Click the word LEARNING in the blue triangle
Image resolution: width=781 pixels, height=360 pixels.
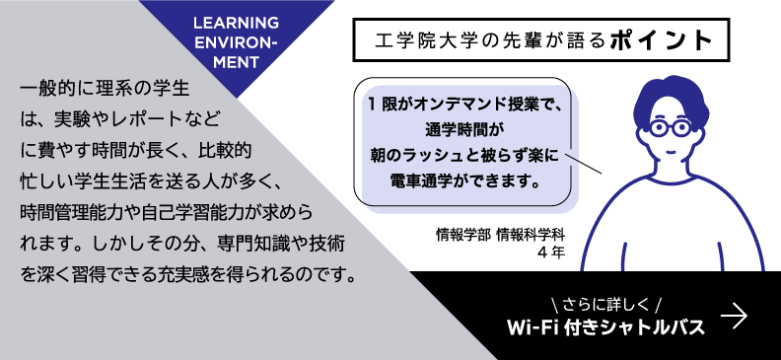coord(236,23)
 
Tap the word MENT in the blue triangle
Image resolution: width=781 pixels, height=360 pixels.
coord(236,62)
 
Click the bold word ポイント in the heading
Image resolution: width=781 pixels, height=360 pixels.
coord(661,39)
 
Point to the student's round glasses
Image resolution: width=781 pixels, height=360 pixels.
coord(671,127)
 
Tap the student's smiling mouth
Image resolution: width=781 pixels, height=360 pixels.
coord(671,151)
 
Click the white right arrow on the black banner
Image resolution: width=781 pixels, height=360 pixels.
coord(735,317)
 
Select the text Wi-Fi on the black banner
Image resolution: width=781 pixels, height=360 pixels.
coord(531,327)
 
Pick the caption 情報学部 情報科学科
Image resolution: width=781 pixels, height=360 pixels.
coord(501,234)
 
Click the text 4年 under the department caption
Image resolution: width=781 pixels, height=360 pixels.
coord(551,252)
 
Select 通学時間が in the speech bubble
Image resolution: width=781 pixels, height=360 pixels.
coord(465,130)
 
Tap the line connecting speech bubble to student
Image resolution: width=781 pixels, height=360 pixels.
coord(584,165)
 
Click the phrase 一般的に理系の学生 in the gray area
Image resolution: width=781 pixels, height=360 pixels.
coord(106,90)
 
